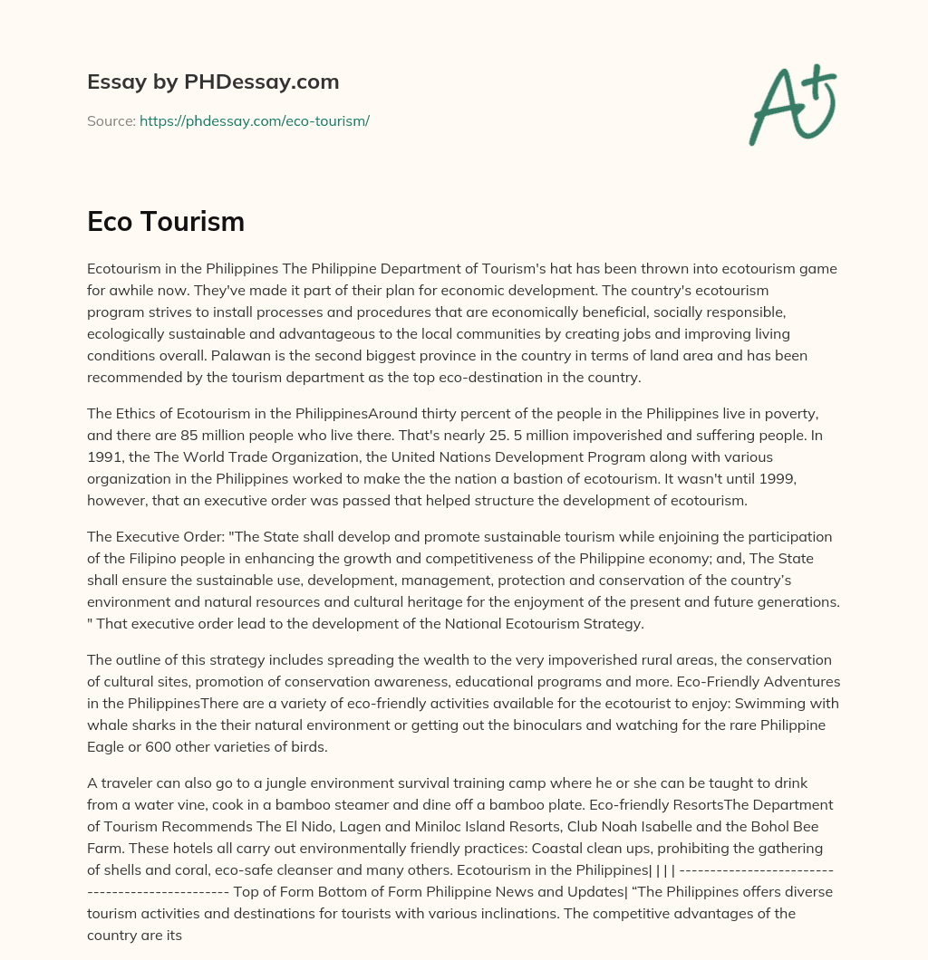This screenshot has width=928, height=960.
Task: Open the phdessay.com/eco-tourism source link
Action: [254, 120]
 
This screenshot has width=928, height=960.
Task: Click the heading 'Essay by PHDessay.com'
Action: [213, 82]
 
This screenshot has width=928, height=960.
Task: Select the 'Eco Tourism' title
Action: [166, 222]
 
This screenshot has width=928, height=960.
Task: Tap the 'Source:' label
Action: [111, 120]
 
